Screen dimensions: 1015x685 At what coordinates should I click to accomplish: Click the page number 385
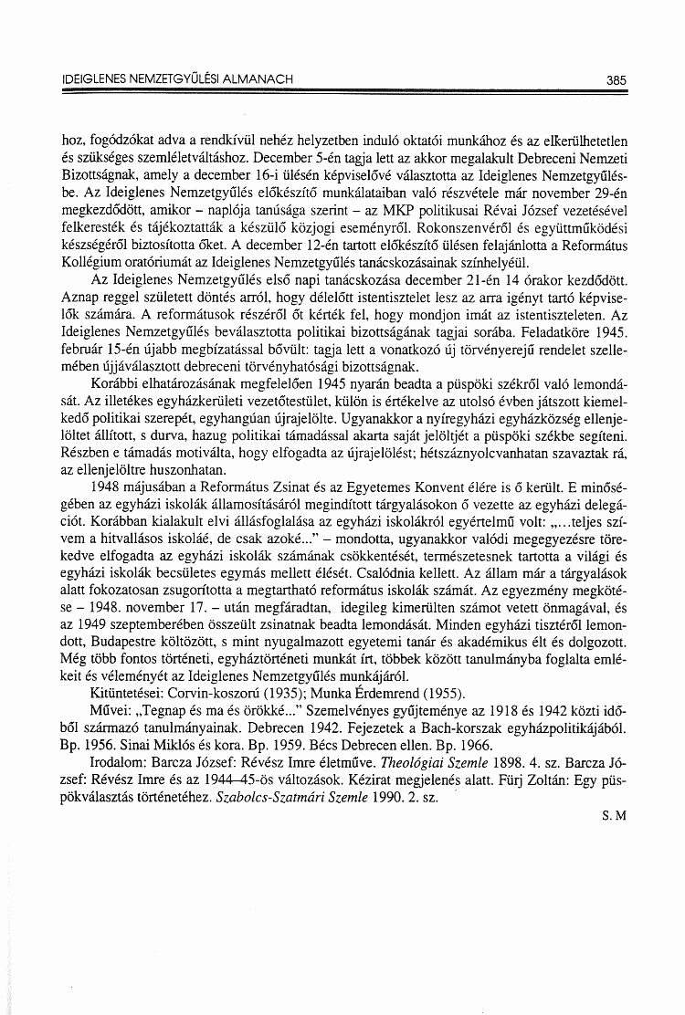616,80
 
